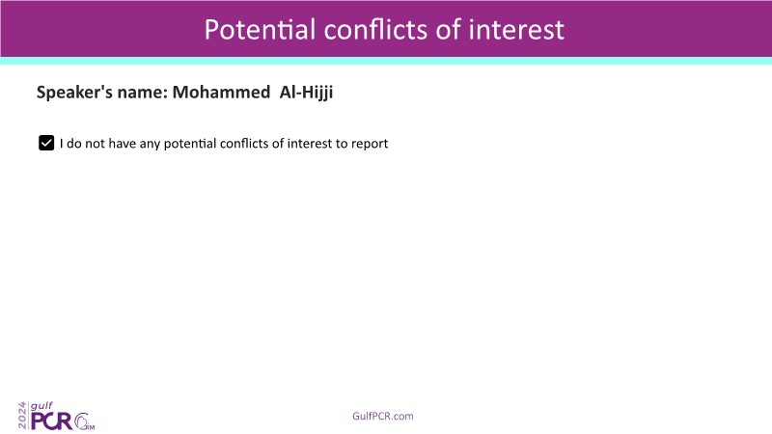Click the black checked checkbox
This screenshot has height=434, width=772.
46,143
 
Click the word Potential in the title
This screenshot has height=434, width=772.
260,30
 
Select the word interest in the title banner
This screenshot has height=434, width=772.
516,30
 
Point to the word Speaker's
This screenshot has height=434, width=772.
74,93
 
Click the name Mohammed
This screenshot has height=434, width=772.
221,92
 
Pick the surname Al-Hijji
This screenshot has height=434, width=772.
306,93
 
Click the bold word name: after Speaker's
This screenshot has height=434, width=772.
143,93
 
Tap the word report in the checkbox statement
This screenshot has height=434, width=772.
370,144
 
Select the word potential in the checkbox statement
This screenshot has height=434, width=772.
190,144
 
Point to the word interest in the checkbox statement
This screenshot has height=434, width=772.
310,143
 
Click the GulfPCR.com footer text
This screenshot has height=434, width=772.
383,417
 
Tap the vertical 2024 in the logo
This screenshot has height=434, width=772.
22,416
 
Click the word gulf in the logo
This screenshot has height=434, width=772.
41,406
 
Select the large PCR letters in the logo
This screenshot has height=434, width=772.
52,421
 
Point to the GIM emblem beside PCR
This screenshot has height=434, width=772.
84,421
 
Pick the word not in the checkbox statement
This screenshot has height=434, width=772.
95,143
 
